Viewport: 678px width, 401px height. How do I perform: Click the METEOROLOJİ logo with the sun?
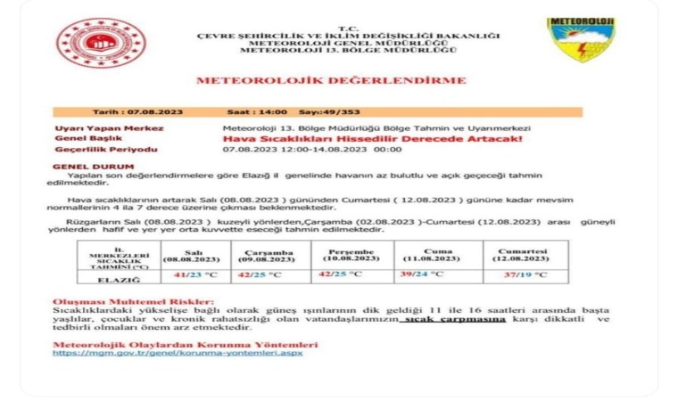(581, 38)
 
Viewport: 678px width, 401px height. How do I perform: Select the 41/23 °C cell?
(195, 275)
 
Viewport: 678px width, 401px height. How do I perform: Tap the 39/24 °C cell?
(424, 274)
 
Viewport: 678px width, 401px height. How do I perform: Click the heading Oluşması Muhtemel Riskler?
(134, 302)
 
